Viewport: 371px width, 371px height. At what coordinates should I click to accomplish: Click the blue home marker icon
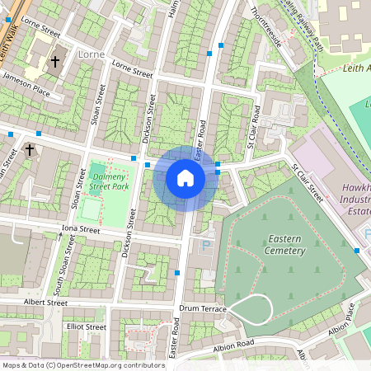(185, 178)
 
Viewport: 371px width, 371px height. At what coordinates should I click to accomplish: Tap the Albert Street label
(46, 303)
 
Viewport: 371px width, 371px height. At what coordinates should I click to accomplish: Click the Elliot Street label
(87, 326)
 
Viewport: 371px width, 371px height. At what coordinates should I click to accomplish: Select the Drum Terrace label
(202, 308)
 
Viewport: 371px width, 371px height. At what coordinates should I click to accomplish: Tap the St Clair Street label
(307, 181)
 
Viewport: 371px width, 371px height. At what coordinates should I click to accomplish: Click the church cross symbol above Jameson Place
(55, 61)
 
